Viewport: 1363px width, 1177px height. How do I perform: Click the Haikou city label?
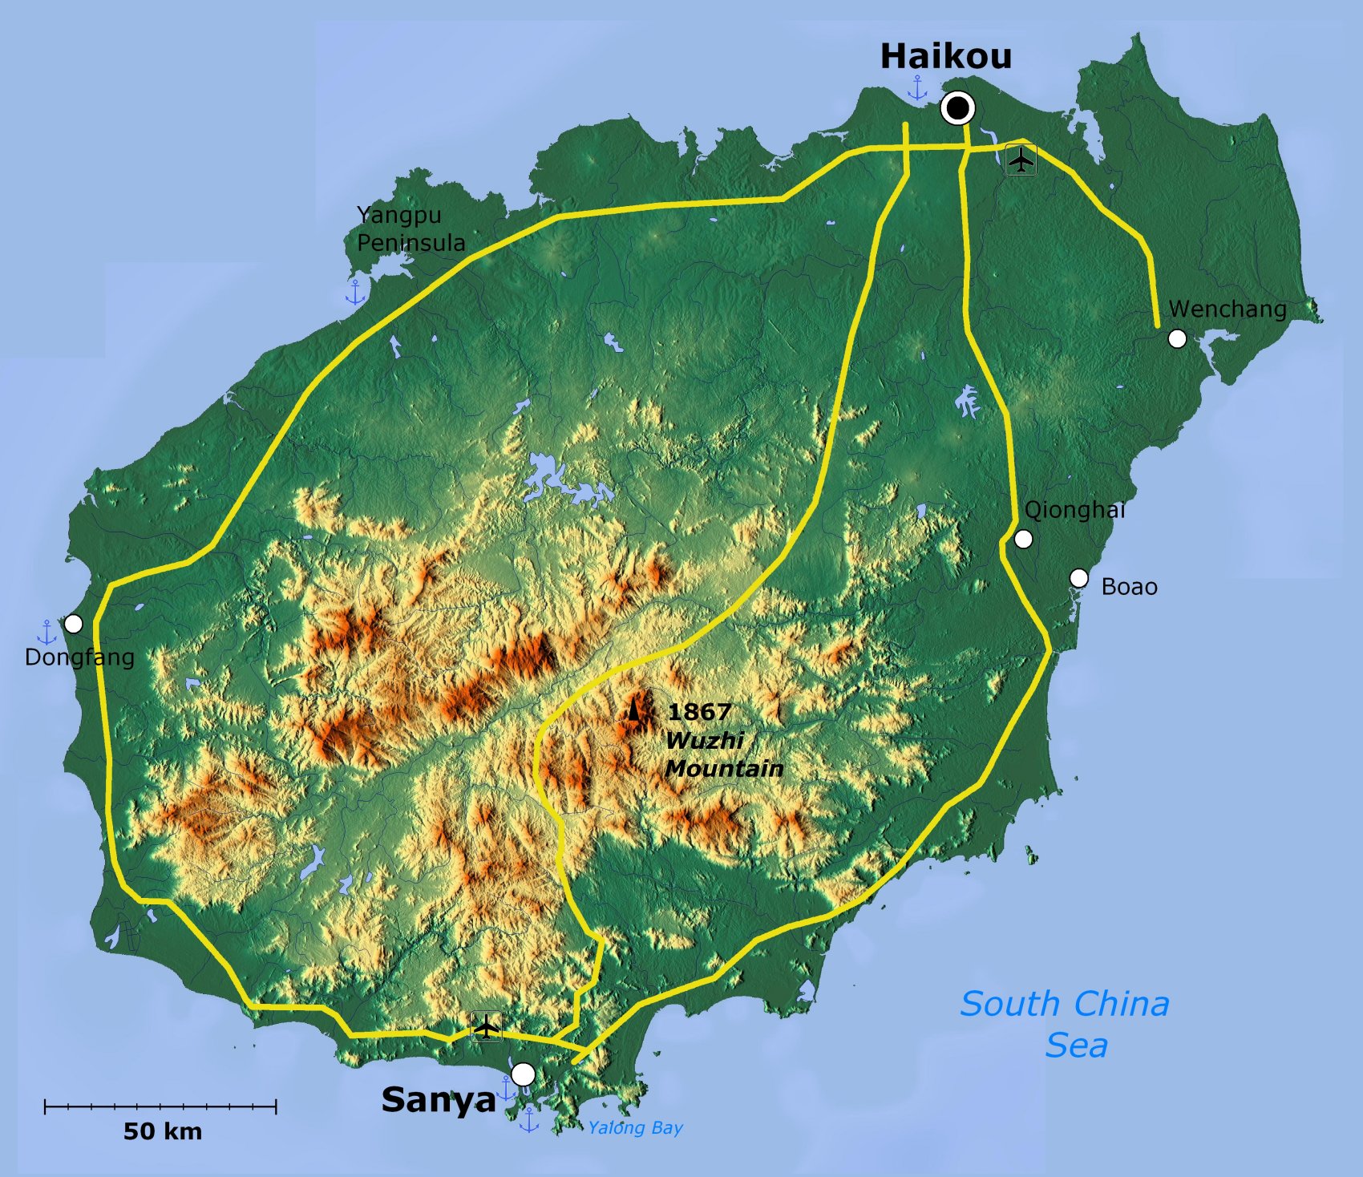point(946,57)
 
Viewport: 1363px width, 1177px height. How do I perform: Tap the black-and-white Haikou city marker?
point(957,107)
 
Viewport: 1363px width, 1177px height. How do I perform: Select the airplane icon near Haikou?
point(1021,160)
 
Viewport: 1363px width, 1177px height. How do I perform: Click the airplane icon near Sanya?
point(486,1026)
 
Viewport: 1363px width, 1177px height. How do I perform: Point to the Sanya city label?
point(439,1100)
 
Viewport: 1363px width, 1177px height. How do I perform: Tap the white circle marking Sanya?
point(523,1074)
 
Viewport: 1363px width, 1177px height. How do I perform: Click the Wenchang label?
point(1228,309)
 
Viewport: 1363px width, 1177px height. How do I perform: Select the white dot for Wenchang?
point(1177,339)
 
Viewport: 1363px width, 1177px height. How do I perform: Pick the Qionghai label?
point(1074,510)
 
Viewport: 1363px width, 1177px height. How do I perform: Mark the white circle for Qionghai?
point(1023,540)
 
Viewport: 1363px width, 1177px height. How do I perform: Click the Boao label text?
point(1129,587)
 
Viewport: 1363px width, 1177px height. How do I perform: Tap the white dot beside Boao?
point(1079,578)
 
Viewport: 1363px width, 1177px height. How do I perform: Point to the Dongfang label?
point(79,657)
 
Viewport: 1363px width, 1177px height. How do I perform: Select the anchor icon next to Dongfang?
point(47,633)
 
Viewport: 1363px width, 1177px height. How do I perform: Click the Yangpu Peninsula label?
point(410,229)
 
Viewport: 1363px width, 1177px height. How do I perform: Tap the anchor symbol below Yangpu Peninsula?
point(355,292)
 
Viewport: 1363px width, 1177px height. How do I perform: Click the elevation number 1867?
point(699,712)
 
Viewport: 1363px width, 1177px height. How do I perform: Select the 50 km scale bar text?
point(163,1131)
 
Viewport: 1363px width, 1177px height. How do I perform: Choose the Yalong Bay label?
point(635,1128)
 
